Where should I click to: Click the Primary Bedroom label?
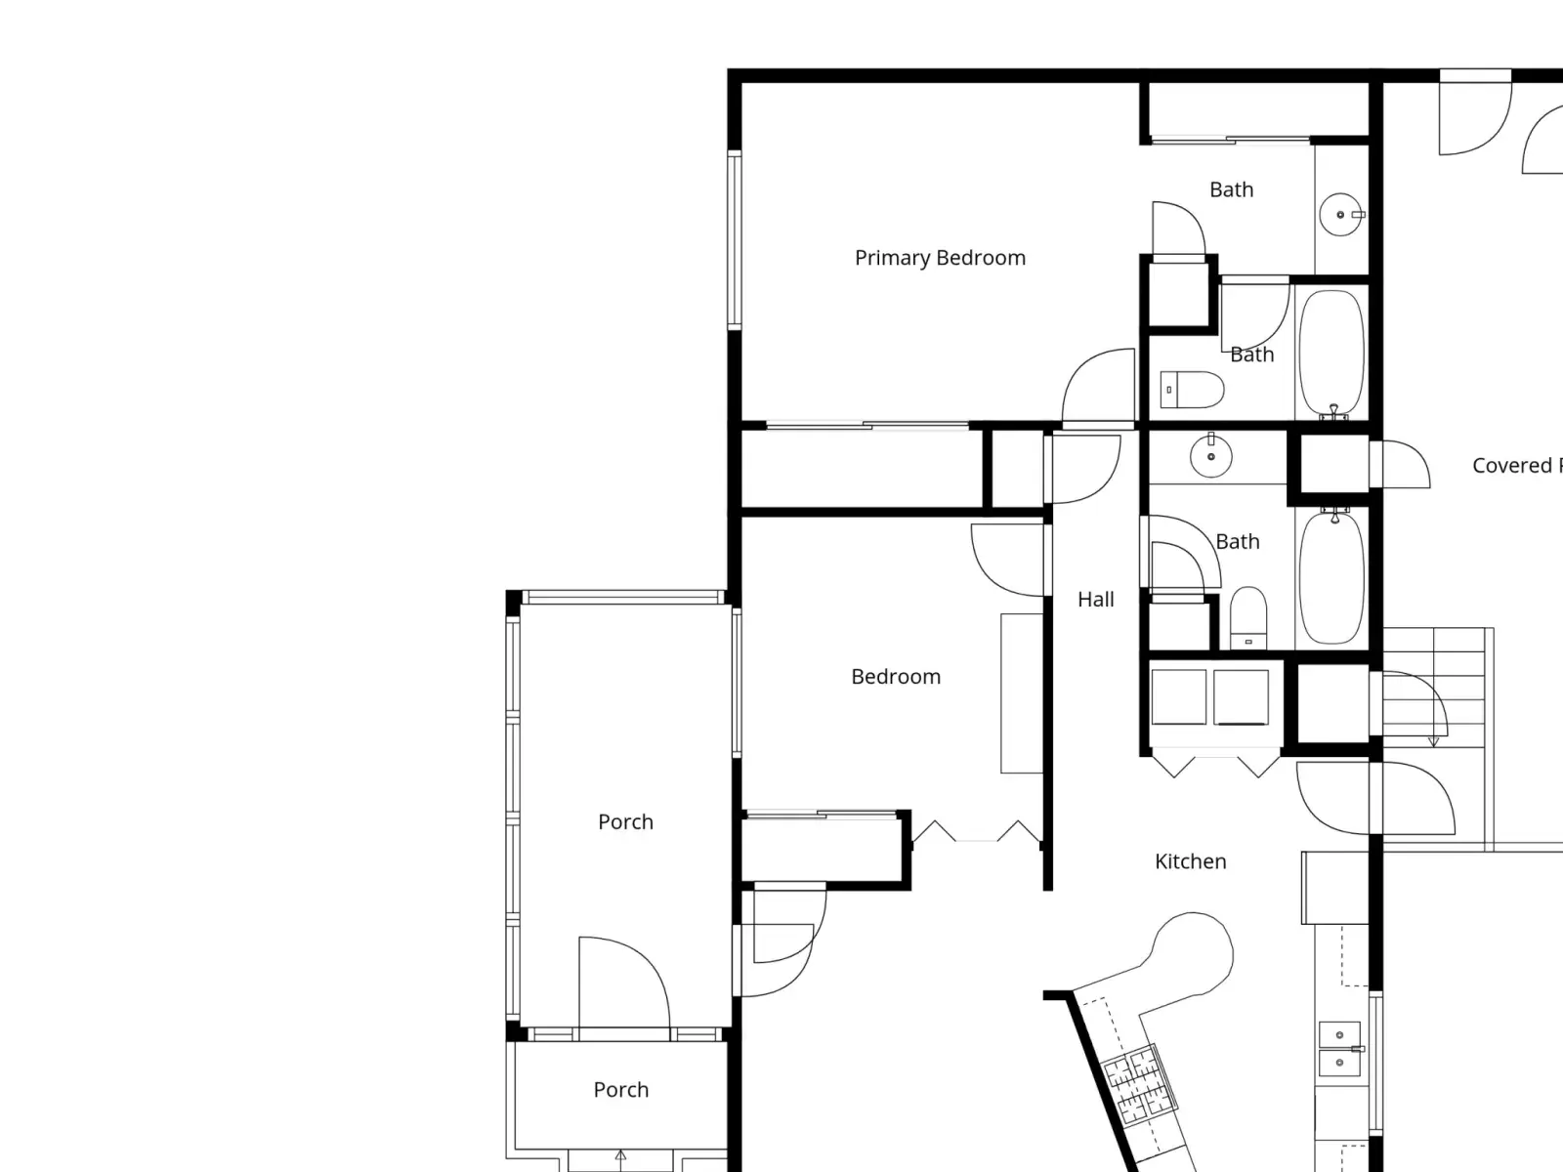coord(940,258)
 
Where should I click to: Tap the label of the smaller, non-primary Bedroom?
coord(896,676)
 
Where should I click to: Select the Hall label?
coord(1096,599)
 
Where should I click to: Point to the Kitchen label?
coord(1191,861)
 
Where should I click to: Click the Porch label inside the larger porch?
coord(625,822)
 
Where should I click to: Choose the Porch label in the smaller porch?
coord(621,1089)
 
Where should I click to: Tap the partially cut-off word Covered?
coord(1512,466)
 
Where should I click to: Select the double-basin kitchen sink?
coord(1340,1048)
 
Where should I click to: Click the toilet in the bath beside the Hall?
coord(1248,617)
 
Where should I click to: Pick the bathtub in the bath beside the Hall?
coord(1331,578)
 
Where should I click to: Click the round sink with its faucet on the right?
coord(1341,214)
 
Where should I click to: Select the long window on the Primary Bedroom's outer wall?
coord(735,240)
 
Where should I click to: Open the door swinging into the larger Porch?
coord(624,983)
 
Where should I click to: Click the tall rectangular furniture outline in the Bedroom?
coord(1022,693)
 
